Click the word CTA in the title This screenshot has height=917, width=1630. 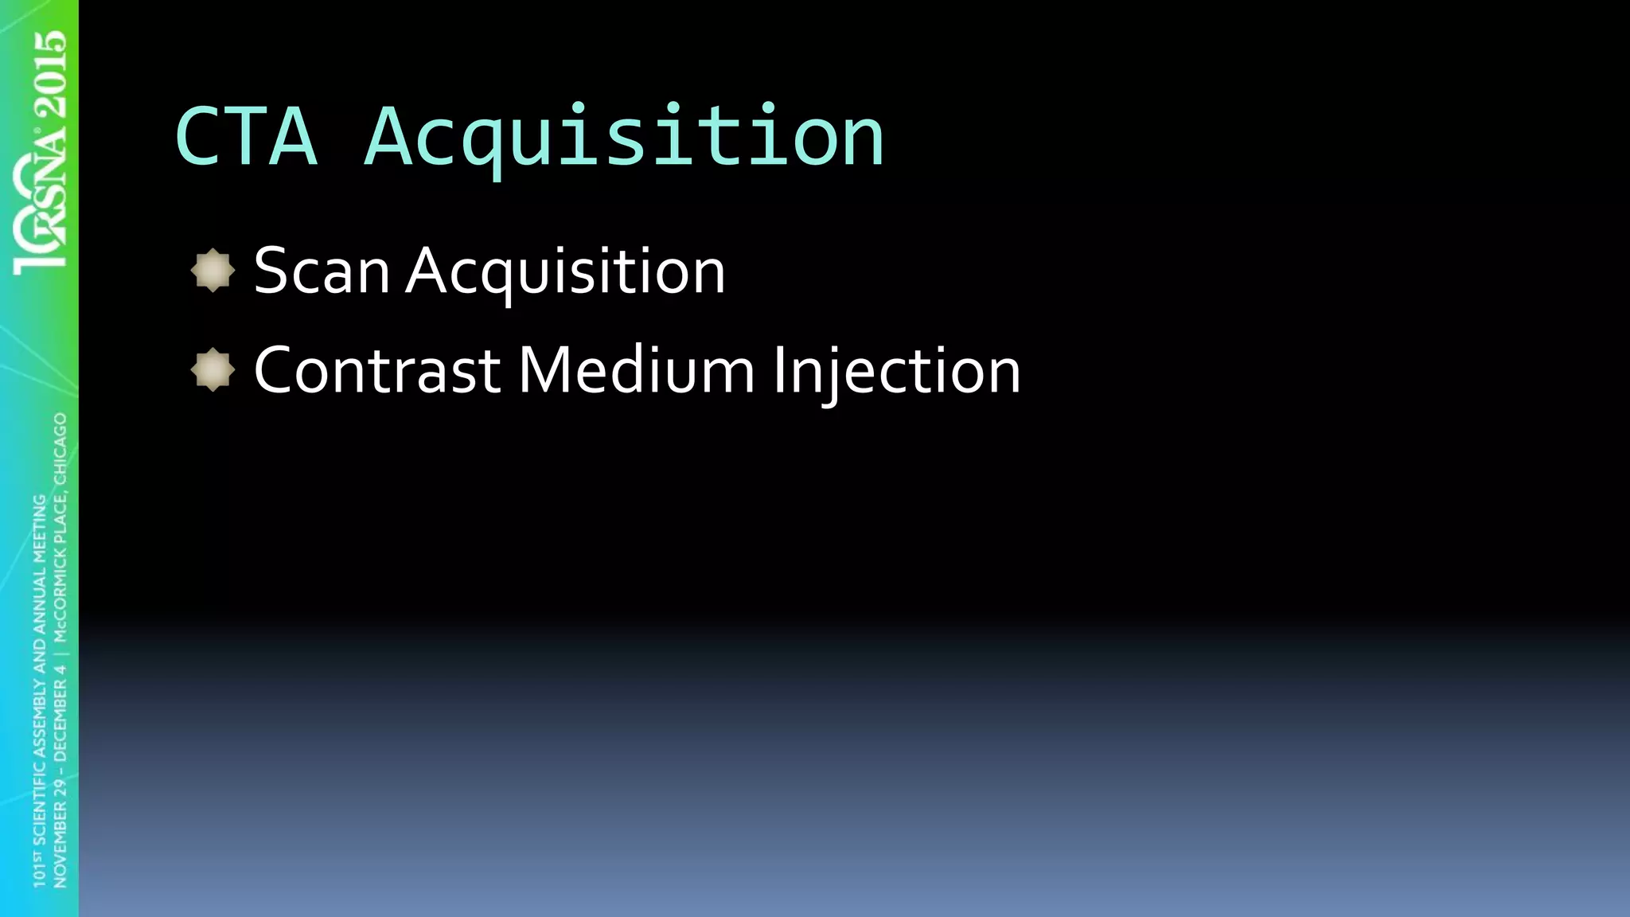(x=246, y=137)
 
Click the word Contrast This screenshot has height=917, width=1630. (x=376, y=371)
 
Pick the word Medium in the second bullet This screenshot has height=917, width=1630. (x=636, y=371)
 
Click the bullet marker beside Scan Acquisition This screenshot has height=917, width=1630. (x=213, y=271)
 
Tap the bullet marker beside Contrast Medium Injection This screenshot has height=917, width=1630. (x=213, y=370)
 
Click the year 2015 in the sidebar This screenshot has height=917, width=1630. (x=49, y=72)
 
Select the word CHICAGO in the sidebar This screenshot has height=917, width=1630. (x=60, y=448)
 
